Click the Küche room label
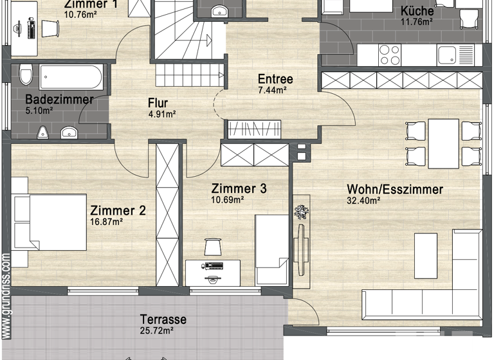417,12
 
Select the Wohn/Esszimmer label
394,190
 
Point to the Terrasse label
164,319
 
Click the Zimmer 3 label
239,189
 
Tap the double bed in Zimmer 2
50,222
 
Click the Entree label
275,80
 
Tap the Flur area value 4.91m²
157,116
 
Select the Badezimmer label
59,100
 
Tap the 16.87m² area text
106,222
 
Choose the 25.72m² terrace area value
158,331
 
